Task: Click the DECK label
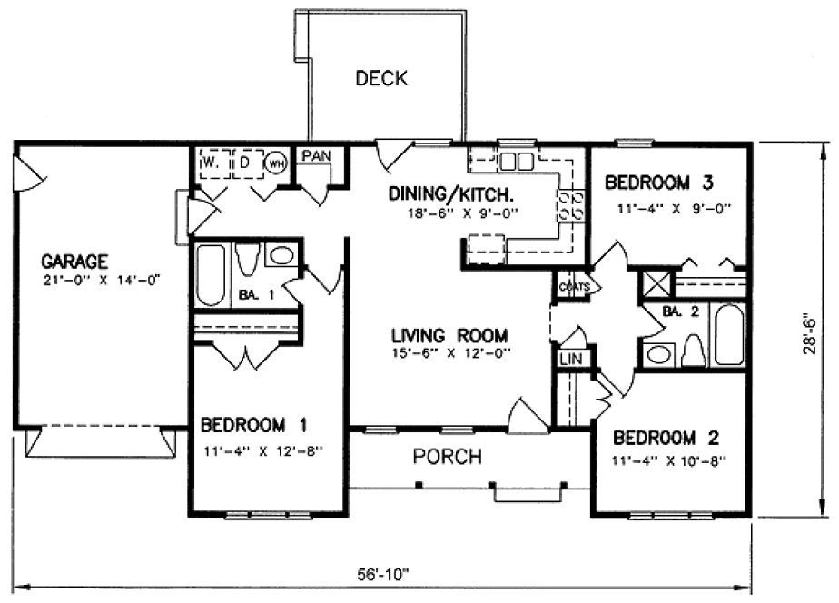381,78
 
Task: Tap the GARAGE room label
80,258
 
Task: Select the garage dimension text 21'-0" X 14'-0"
100,280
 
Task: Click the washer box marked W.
212,163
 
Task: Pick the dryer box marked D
245,163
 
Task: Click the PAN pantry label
316,155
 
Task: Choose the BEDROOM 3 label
661,182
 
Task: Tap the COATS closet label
574,286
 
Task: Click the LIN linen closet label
571,360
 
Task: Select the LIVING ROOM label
444,333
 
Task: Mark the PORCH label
448,457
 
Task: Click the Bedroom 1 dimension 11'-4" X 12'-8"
262,448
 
